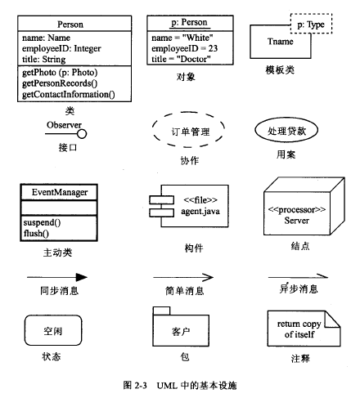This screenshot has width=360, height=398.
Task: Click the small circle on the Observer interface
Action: [82, 134]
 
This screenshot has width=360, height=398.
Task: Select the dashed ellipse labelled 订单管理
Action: [152, 130]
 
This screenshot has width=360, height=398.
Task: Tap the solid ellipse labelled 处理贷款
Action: [255, 130]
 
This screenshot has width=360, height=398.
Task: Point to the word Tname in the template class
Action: [280, 42]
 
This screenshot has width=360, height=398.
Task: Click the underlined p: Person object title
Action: [189, 22]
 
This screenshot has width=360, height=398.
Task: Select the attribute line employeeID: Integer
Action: [61, 48]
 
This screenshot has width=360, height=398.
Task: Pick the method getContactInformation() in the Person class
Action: [69, 95]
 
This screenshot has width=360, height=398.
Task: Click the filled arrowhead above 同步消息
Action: [82, 277]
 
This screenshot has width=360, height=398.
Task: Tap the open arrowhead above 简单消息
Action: [209, 278]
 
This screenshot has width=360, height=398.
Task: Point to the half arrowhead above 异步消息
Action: [322, 275]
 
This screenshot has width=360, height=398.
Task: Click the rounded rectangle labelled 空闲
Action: [25, 330]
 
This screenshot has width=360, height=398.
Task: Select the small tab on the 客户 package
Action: [161, 311]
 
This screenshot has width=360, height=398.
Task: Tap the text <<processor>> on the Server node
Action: [297, 209]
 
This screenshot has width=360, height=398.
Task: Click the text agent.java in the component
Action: [200, 212]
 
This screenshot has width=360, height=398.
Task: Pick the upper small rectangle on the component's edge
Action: [161, 199]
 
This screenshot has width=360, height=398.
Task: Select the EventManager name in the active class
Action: [60, 192]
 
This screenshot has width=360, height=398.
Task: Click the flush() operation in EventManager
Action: [36, 234]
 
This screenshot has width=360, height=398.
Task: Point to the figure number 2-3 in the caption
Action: [141, 385]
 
